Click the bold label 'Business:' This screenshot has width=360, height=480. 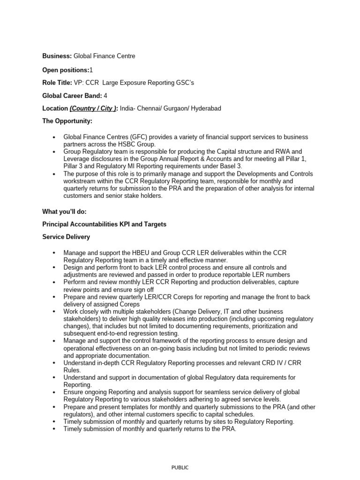(57, 56)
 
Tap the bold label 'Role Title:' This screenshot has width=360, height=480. (57, 82)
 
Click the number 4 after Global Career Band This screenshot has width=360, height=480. (105, 96)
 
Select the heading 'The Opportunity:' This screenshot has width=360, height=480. (67, 121)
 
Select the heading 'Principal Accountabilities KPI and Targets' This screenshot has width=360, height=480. (105, 225)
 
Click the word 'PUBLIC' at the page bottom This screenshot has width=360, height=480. (180, 467)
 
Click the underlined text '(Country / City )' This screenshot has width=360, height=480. (93, 108)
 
